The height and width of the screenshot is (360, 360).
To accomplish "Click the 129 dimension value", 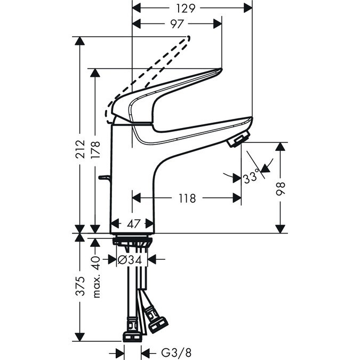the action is [186, 9].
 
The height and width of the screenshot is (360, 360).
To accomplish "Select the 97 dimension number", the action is [177, 24].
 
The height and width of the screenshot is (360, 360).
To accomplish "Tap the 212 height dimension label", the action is [80, 149].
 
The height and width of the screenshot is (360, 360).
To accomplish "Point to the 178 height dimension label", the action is [95, 149].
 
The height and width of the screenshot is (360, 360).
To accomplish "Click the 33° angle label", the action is [251, 178].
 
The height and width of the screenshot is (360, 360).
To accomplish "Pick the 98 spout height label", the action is [281, 189].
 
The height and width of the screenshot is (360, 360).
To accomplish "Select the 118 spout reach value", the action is [187, 198].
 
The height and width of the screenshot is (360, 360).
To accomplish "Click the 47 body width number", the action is [134, 223].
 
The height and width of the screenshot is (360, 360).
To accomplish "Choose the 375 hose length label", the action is [81, 286].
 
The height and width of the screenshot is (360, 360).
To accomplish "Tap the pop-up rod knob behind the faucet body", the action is [105, 177].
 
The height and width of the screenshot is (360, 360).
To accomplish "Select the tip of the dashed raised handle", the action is [189, 37].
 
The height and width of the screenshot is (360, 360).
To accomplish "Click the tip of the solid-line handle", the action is [221, 69].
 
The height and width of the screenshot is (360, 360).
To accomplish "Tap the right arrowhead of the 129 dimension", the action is [247, 8].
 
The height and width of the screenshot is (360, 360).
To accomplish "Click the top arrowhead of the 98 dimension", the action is [281, 147].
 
